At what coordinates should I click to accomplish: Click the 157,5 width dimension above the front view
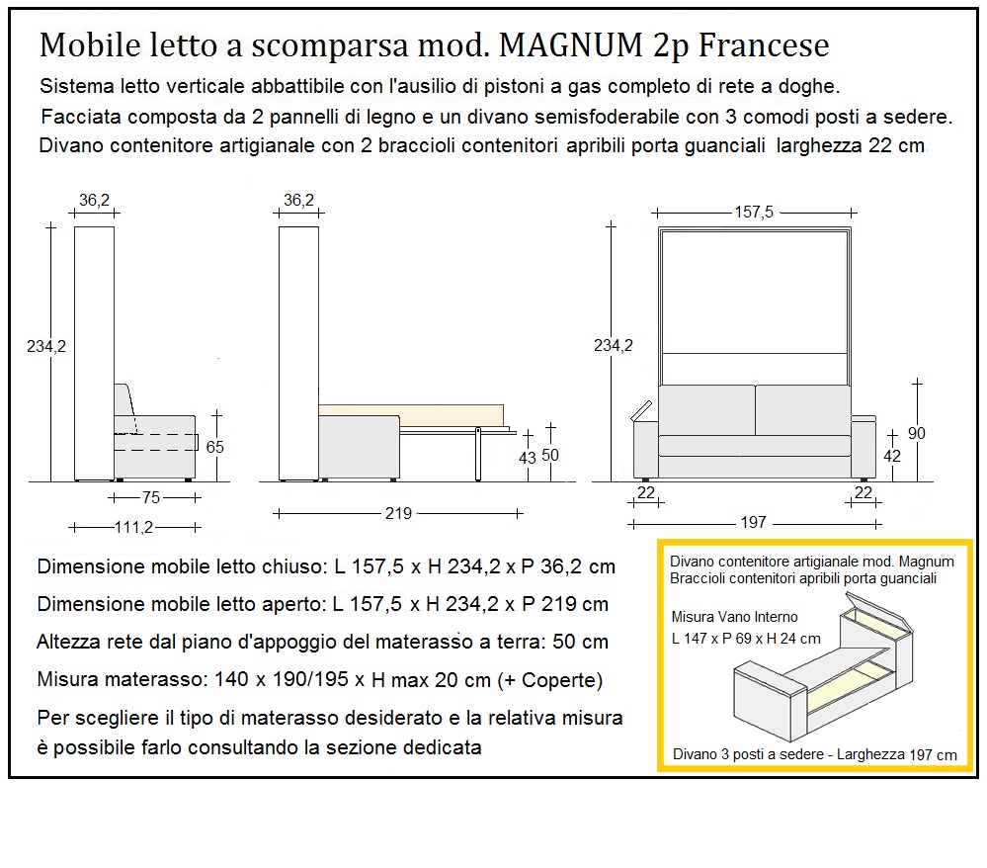click(x=753, y=212)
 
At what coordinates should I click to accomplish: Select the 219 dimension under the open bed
click(x=398, y=513)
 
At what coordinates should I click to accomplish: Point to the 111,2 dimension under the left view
click(x=135, y=528)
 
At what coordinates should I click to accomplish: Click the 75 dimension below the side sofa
click(x=151, y=498)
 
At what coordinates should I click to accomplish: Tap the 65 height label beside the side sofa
click(x=214, y=446)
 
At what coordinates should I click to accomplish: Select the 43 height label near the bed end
click(x=529, y=458)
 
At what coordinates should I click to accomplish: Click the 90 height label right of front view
click(x=916, y=433)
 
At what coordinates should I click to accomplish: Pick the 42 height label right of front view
click(x=892, y=456)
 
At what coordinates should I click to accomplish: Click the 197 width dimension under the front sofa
click(x=753, y=523)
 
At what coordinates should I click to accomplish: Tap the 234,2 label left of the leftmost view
click(x=45, y=345)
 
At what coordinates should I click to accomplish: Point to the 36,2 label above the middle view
click(x=298, y=201)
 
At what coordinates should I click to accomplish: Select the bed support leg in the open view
click(x=477, y=453)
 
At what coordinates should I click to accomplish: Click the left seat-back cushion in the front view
click(x=705, y=409)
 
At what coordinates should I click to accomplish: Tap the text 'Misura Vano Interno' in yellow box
click(x=734, y=617)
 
